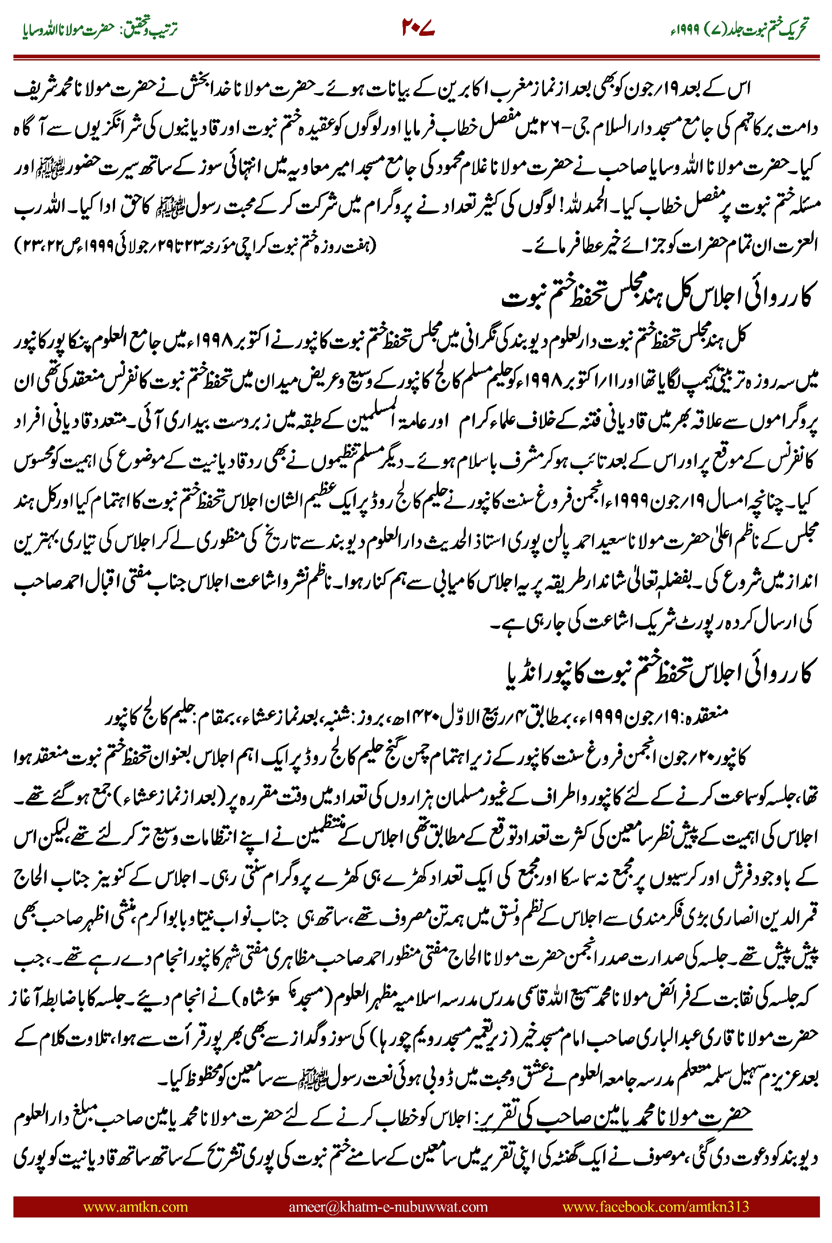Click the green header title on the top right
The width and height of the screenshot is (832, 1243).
(x=738, y=29)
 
